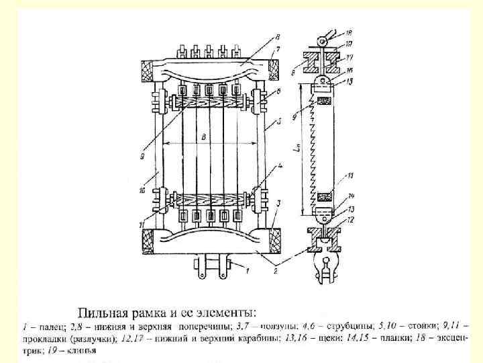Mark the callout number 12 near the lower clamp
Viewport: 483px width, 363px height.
click(350, 220)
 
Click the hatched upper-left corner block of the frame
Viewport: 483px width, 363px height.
click(146, 68)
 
